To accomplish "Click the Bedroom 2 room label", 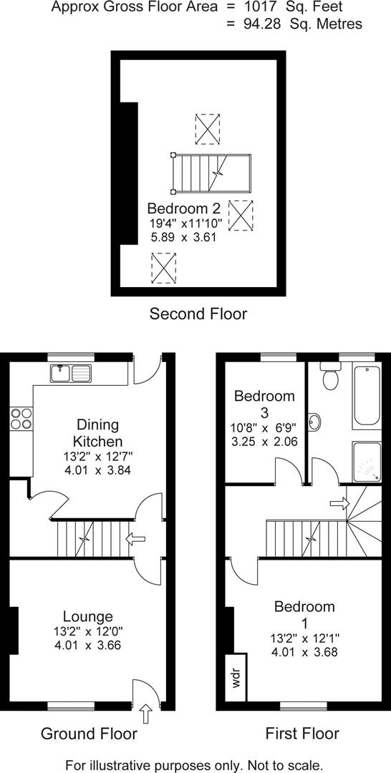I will (x=184, y=208).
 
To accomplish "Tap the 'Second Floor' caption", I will (x=198, y=313).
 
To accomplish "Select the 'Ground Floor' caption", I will (x=89, y=734).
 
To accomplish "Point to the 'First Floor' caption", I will (x=302, y=734).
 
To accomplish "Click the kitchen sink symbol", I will (x=71, y=373).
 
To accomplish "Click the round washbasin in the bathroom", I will (x=314, y=422).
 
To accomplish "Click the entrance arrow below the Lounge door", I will (x=146, y=714).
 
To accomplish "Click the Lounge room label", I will (x=87, y=616).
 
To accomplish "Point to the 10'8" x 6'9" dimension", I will (x=264, y=429).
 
